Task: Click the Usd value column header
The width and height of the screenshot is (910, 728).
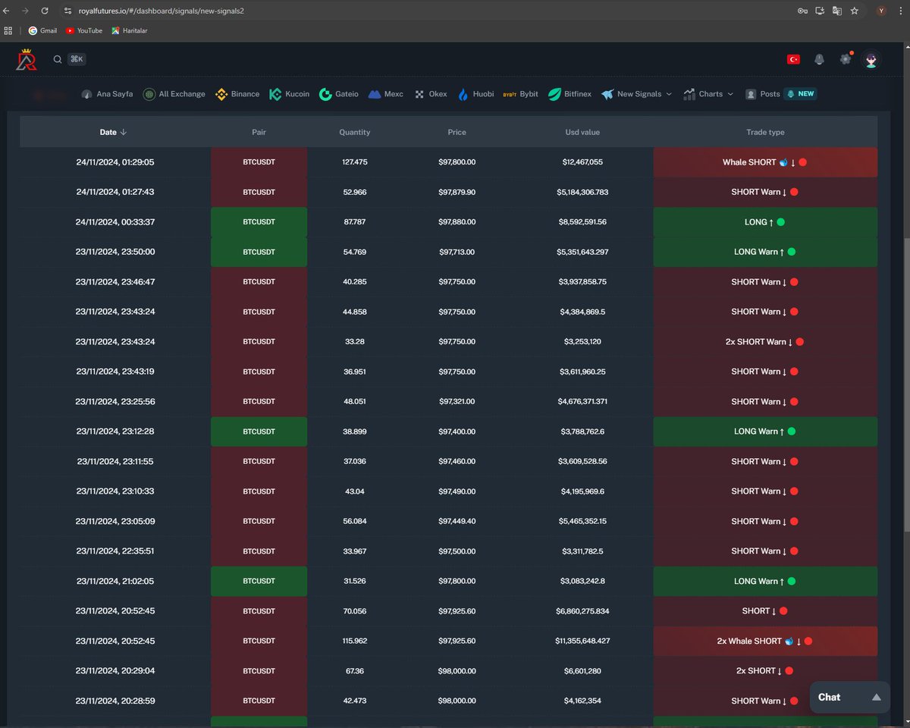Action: (x=582, y=132)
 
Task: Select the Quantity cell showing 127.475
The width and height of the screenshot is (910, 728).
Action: (x=354, y=162)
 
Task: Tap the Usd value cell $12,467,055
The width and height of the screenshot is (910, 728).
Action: (x=582, y=162)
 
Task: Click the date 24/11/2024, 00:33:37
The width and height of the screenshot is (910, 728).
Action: (x=115, y=222)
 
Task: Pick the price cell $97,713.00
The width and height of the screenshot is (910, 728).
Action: (x=457, y=252)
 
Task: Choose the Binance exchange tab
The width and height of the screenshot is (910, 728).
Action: (x=238, y=94)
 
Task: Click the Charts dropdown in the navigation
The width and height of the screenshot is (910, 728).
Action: (x=709, y=94)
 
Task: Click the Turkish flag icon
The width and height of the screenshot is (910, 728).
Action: (x=793, y=59)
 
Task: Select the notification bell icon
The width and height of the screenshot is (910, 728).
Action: (x=819, y=59)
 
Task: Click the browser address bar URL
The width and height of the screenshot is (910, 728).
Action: (x=162, y=11)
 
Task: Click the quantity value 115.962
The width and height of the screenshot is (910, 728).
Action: (x=354, y=641)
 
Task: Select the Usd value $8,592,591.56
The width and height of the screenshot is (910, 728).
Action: (x=582, y=222)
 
